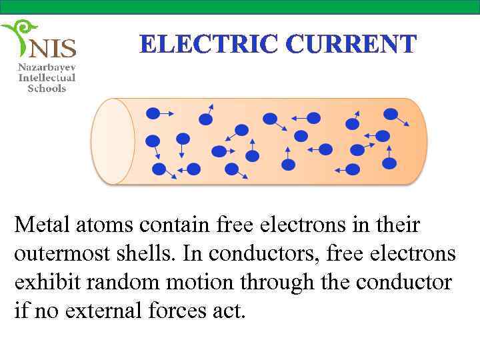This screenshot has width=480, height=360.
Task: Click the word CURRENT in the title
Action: (351, 45)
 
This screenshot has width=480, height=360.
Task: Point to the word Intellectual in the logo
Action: (47, 78)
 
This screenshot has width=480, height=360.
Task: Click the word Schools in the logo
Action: (47, 89)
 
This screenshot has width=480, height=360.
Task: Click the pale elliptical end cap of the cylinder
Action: (113, 141)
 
